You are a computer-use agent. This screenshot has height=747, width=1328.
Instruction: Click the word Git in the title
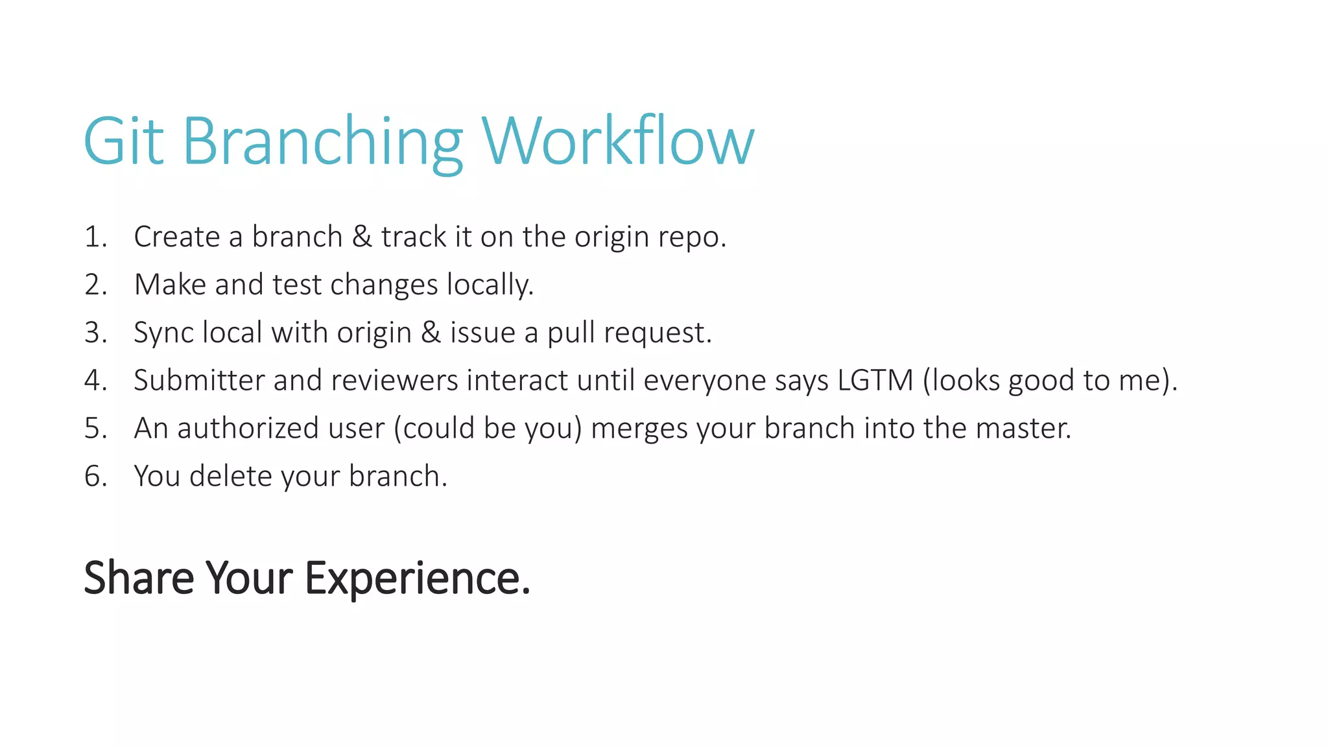click(x=123, y=141)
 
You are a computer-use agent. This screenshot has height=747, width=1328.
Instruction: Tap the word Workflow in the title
click(x=617, y=141)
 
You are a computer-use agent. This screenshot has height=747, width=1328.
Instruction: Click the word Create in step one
click(x=176, y=237)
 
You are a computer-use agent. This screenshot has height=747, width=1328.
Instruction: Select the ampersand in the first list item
click(x=362, y=237)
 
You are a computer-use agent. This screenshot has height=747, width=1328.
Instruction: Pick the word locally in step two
click(x=490, y=285)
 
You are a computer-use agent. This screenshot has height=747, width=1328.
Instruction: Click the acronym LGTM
click(x=875, y=381)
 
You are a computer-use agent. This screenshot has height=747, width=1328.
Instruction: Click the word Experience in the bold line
click(x=417, y=578)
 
